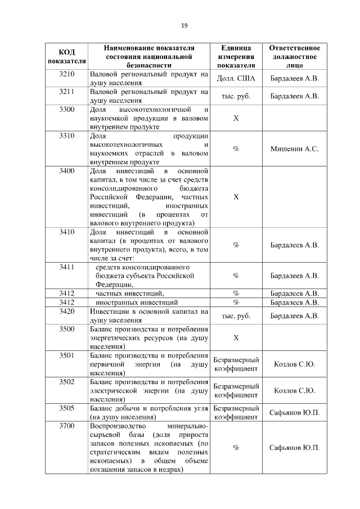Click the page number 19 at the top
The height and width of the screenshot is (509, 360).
coord(183,25)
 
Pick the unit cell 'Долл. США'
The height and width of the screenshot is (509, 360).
coord(236,78)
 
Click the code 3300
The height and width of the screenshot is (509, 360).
coord(67,109)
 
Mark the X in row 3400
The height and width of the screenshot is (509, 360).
coord(236,197)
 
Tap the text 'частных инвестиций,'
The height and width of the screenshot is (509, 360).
coord(130,293)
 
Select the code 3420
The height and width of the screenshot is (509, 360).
coord(67,311)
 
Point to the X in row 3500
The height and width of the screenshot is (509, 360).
coord(236,337)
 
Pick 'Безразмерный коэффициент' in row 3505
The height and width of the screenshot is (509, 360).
coord(236,412)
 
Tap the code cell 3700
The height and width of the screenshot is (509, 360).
coord(67,426)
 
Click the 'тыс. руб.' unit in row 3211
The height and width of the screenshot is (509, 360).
coord(236,96)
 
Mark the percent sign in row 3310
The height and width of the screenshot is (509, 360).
coord(236,149)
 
